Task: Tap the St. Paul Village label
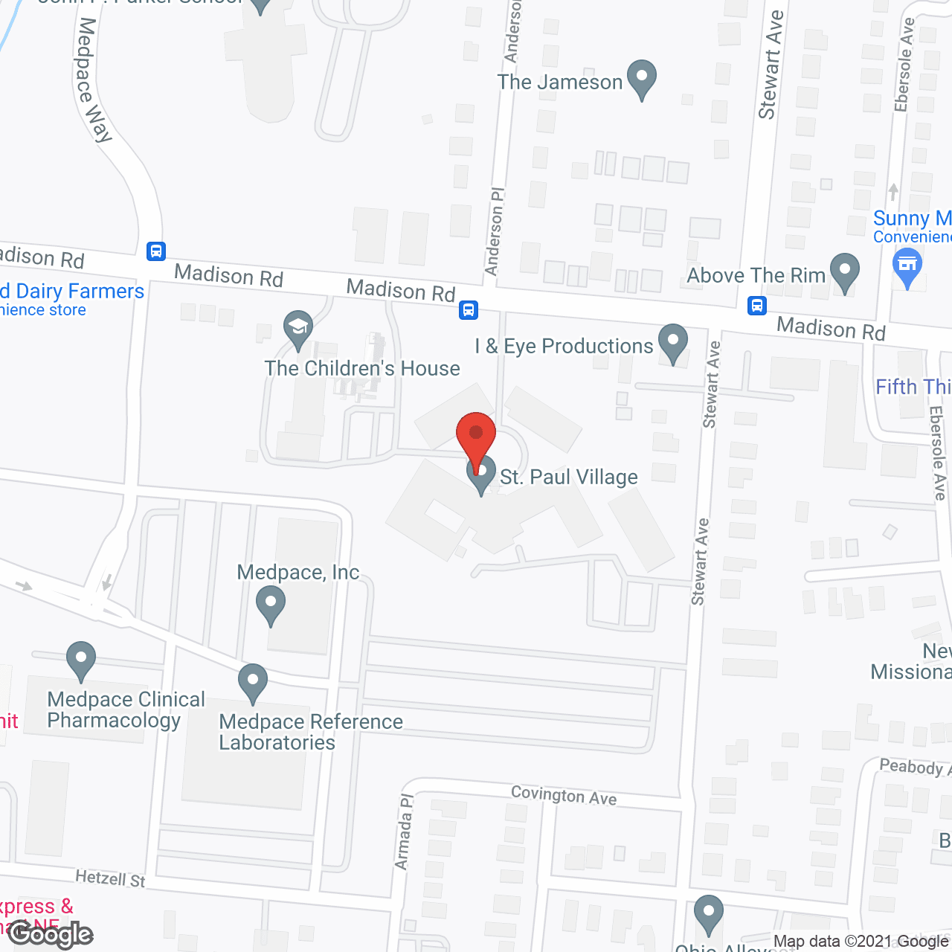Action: [568, 477]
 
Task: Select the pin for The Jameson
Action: [641, 78]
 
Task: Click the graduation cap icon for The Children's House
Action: [298, 328]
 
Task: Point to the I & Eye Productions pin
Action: [673, 342]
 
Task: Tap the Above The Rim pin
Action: [844, 272]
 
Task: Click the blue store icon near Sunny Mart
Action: [907, 266]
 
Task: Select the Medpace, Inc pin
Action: [271, 604]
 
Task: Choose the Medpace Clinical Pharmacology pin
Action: [81, 659]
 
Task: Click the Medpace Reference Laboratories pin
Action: [253, 681]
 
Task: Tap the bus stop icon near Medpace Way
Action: [156, 251]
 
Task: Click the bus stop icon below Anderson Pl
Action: [469, 309]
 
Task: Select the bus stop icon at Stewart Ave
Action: [757, 305]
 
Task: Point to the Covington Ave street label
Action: [564, 795]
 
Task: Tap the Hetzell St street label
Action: [110, 878]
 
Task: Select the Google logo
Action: [51, 934]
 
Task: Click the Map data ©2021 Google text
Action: [861, 942]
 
